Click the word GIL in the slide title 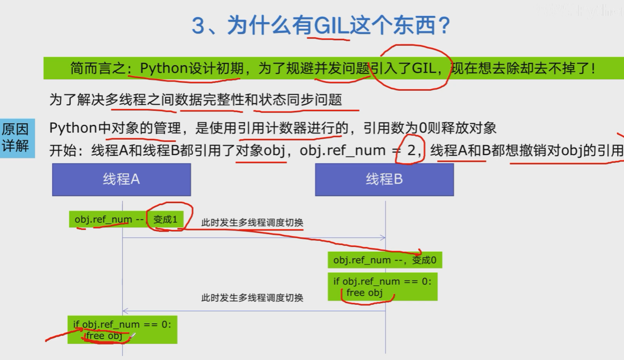[328, 26]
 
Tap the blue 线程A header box [121, 179]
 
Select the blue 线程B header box [384, 179]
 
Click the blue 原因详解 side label [15, 138]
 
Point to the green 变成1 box [165, 219]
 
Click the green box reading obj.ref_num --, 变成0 [385, 260]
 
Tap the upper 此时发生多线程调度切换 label [252, 223]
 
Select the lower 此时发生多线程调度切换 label [252, 298]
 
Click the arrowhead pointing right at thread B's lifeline [382, 238]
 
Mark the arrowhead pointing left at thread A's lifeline [125, 311]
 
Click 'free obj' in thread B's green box [364, 293]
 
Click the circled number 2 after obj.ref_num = [411, 151]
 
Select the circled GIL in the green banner [425, 68]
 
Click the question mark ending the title [442, 26]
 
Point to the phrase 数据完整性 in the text [211, 100]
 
